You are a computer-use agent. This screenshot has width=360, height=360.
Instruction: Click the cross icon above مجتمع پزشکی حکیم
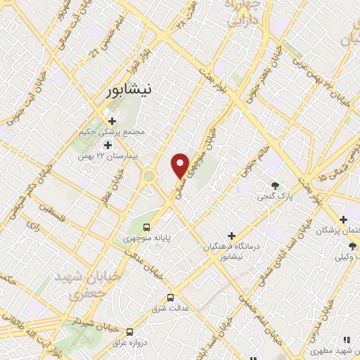pos(112,121)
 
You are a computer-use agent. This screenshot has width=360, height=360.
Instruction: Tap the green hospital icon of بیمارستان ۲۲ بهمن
pos(108,145)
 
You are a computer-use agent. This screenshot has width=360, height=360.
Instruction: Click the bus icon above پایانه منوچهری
pos(146,227)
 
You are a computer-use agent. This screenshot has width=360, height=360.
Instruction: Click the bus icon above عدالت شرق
pos(170,297)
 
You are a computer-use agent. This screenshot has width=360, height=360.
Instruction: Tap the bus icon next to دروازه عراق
pos(129,331)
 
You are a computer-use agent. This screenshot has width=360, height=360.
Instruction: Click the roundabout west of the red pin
pos(150,176)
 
